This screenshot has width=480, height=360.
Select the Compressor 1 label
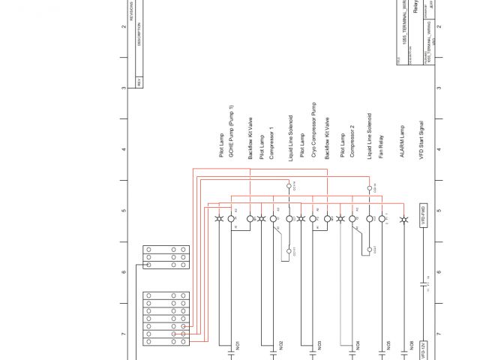tap(271, 143)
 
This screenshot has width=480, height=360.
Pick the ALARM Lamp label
tap(403, 141)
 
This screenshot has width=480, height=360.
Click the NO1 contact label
tap(237, 346)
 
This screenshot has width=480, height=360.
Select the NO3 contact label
tap(319, 346)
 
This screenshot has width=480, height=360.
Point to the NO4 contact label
tap(358, 346)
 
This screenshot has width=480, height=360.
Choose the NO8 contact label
tap(411, 346)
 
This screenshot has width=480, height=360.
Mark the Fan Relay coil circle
tap(382, 219)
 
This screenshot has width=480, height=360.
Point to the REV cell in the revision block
tap(138, 82)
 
